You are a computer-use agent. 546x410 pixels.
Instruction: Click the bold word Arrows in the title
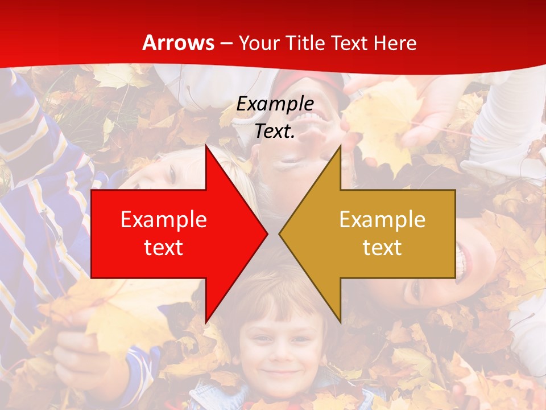click(179, 43)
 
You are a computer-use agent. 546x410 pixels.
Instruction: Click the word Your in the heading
click(258, 43)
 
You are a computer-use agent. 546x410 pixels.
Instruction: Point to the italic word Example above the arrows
click(275, 104)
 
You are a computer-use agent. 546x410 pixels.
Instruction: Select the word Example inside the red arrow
click(164, 220)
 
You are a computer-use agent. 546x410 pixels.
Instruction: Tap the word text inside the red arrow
click(164, 248)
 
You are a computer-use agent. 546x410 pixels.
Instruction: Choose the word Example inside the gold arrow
click(382, 220)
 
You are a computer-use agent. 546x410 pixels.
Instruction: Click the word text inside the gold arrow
click(382, 248)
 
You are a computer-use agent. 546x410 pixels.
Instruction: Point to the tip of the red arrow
click(267, 233)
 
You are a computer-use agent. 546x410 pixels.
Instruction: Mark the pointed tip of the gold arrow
click(279, 233)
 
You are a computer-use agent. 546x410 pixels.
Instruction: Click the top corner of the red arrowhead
click(206, 145)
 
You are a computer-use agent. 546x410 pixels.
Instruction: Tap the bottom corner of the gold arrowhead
click(340, 322)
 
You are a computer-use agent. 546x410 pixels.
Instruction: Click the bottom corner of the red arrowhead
click(206, 322)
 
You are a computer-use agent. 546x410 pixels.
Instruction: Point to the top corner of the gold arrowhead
click(340, 145)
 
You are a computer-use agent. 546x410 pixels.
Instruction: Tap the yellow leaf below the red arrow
click(114, 319)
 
